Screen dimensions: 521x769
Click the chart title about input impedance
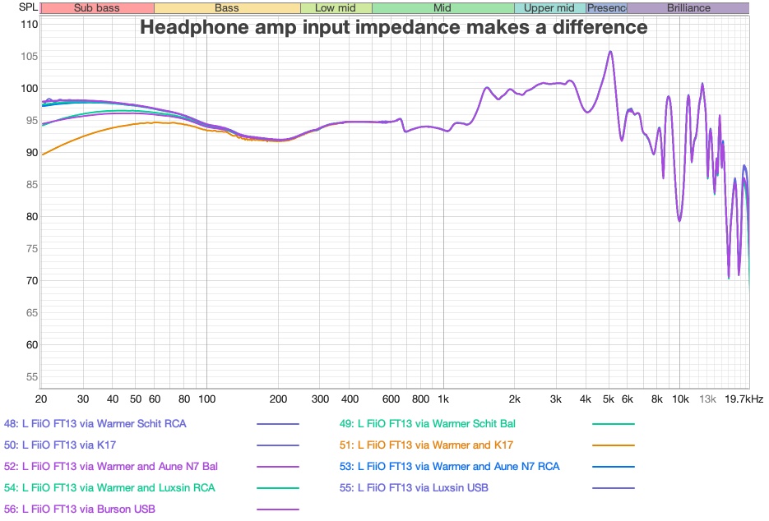point(393,27)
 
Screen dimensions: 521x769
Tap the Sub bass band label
point(96,8)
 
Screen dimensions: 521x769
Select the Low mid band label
point(336,8)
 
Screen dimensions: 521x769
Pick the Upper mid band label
point(549,8)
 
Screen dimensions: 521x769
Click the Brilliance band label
point(688,8)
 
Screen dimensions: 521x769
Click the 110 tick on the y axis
point(30,24)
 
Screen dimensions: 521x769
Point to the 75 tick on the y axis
point(30,248)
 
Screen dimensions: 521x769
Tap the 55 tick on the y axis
point(30,376)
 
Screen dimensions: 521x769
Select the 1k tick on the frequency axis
point(443,399)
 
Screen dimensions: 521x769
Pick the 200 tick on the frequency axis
point(277,399)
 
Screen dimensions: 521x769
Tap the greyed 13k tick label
point(707,399)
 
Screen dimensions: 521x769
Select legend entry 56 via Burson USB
point(79,509)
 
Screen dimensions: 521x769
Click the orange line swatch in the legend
point(614,445)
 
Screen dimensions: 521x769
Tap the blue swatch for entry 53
point(614,466)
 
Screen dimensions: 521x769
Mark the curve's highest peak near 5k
point(610,52)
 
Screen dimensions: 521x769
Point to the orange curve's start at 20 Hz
point(42,154)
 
